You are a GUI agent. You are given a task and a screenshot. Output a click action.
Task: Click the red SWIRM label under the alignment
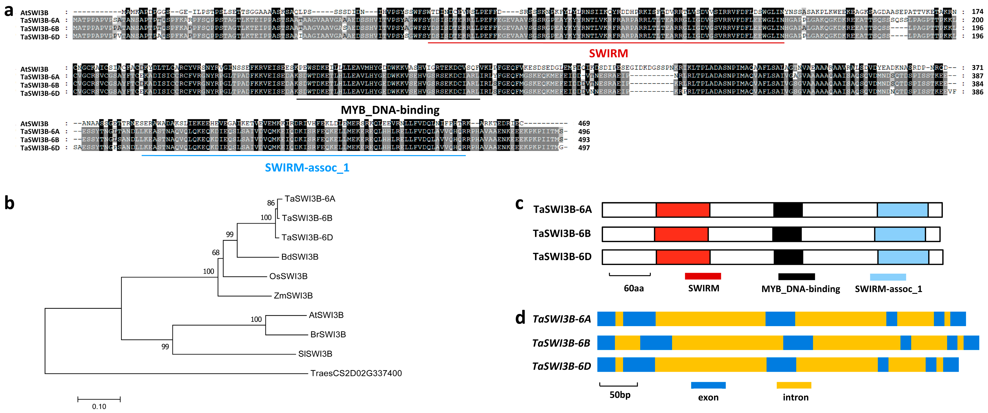pos(608,54)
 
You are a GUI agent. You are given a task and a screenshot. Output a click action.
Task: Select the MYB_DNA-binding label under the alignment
pos(390,110)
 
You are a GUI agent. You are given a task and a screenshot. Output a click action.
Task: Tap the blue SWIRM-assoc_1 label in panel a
pos(307,168)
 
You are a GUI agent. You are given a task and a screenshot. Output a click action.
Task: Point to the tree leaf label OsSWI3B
pos(288,276)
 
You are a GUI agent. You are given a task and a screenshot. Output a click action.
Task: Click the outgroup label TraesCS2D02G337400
pos(356,373)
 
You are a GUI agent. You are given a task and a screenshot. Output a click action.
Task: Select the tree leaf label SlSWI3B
pos(315,354)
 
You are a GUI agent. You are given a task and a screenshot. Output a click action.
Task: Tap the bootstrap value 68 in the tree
pos(215,252)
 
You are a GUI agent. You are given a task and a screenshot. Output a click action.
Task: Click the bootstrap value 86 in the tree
pos(271,203)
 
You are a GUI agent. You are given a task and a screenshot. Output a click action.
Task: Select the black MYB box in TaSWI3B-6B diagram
pos(787,234)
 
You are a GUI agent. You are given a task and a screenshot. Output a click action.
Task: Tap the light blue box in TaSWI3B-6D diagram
pos(903,257)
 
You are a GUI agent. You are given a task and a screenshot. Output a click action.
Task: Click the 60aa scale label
pos(634,288)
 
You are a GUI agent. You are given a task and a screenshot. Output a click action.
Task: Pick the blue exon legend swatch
pos(708,385)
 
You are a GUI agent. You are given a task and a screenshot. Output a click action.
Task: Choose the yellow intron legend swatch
pos(794,385)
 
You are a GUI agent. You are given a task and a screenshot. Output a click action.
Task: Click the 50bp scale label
pos(620,395)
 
